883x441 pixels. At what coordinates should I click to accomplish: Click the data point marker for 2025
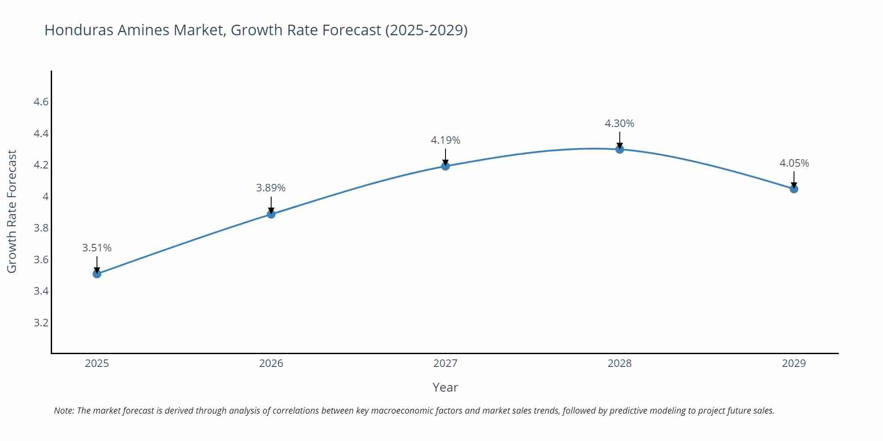tap(97, 274)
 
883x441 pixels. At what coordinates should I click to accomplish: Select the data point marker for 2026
tap(271, 214)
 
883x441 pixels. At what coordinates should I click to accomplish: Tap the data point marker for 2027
tap(445, 166)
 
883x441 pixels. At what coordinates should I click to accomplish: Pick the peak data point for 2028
tap(619, 149)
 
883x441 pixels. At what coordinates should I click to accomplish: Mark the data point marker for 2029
tap(794, 189)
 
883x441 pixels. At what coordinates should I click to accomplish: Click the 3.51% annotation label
tap(97, 248)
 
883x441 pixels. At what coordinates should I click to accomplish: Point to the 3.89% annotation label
tap(271, 188)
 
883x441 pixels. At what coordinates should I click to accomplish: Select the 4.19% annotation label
tap(445, 140)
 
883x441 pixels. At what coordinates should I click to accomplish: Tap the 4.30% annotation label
tap(619, 123)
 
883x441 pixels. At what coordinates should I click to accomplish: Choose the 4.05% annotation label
tap(794, 163)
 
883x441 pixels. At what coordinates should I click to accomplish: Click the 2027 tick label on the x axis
tap(445, 363)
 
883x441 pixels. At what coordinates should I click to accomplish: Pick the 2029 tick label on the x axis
tap(794, 363)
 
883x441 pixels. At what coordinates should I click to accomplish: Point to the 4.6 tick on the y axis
tap(41, 102)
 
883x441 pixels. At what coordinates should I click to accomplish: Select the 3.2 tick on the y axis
tap(41, 323)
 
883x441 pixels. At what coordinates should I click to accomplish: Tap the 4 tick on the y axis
tap(45, 197)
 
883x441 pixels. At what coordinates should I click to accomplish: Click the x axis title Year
tap(445, 387)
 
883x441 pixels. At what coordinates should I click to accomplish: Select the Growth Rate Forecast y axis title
tap(12, 212)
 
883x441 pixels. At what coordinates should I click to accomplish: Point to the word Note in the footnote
tap(64, 411)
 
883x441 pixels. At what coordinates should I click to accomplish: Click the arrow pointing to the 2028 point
tap(619, 140)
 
